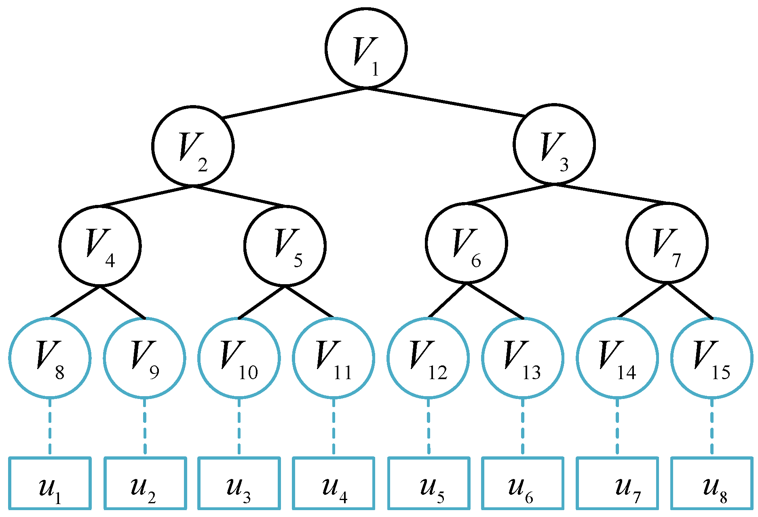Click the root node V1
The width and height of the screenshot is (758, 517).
[x=366, y=48]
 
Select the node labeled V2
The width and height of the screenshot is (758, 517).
[x=193, y=146]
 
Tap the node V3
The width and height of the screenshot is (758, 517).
[x=554, y=144]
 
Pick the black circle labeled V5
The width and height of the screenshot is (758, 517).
[x=285, y=245]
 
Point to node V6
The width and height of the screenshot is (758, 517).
[x=466, y=243]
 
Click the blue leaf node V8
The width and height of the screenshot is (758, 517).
[x=50, y=358]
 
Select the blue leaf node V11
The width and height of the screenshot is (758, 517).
[x=334, y=358]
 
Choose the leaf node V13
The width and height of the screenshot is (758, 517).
[x=523, y=358]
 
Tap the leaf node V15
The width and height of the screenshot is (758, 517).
[x=712, y=358]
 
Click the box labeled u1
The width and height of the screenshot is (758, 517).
[x=50, y=483]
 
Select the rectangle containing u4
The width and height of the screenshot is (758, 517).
[x=334, y=483]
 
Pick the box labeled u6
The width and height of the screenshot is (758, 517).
[x=523, y=483]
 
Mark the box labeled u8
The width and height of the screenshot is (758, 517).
[x=712, y=483]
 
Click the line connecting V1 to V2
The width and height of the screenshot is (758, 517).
[x=294, y=103]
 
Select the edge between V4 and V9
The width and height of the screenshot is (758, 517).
[x=122, y=302]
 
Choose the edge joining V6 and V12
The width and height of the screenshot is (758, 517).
[x=448, y=300]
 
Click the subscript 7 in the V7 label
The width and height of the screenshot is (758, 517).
[x=676, y=261]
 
